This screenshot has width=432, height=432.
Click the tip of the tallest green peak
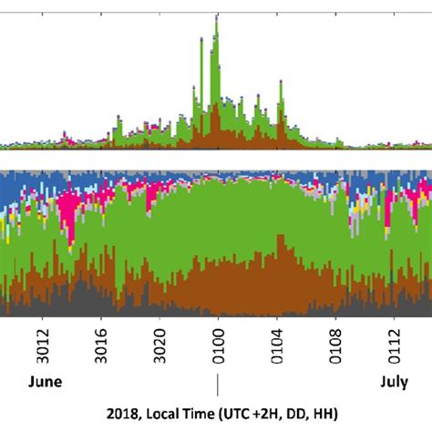[216, 15]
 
